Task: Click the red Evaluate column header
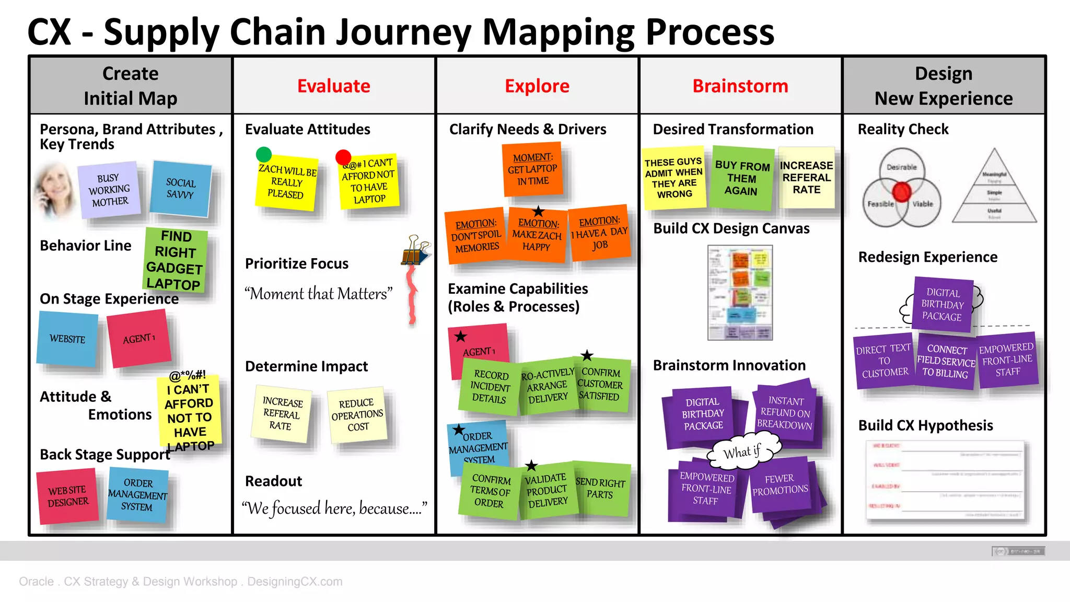tap(333, 86)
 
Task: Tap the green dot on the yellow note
tap(264, 154)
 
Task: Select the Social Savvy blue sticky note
tap(180, 189)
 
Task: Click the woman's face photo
tap(53, 191)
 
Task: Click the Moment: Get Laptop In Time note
tap(532, 169)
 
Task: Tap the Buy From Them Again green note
tap(742, 178)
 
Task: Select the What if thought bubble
tap(742, 451)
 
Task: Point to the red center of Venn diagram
tap(901, 192)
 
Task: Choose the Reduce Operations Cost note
tap(357, 415)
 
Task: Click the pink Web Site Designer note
tap(68, 496)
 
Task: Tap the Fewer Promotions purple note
tap(780, 484)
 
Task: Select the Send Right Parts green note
tap(600, 489)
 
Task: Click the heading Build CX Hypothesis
tap(925, 425)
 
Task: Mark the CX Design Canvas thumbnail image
tap(740, 293)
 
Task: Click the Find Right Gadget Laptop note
tap(175, 260)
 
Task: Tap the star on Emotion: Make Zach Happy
tap(538, 212)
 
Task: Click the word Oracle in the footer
tap(36, 582)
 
